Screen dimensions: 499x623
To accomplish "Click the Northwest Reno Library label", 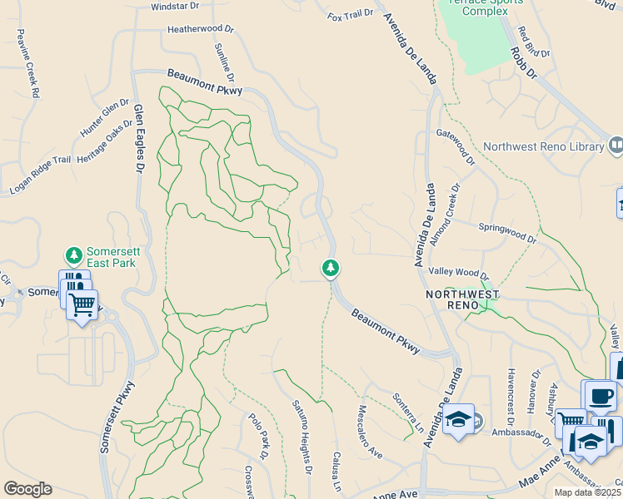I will click(x=541, y=146).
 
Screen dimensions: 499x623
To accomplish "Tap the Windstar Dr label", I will click(x=176, y=6).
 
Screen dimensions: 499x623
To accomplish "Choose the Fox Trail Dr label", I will click(x=350, y=15).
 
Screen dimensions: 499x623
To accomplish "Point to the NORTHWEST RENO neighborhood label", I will click(x=462, y=300).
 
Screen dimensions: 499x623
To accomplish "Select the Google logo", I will click(x=27, y=489).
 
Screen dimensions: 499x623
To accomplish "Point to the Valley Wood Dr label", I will click(x=458, y=273).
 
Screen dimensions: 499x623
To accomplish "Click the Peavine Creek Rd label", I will click(x=27, y=64).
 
